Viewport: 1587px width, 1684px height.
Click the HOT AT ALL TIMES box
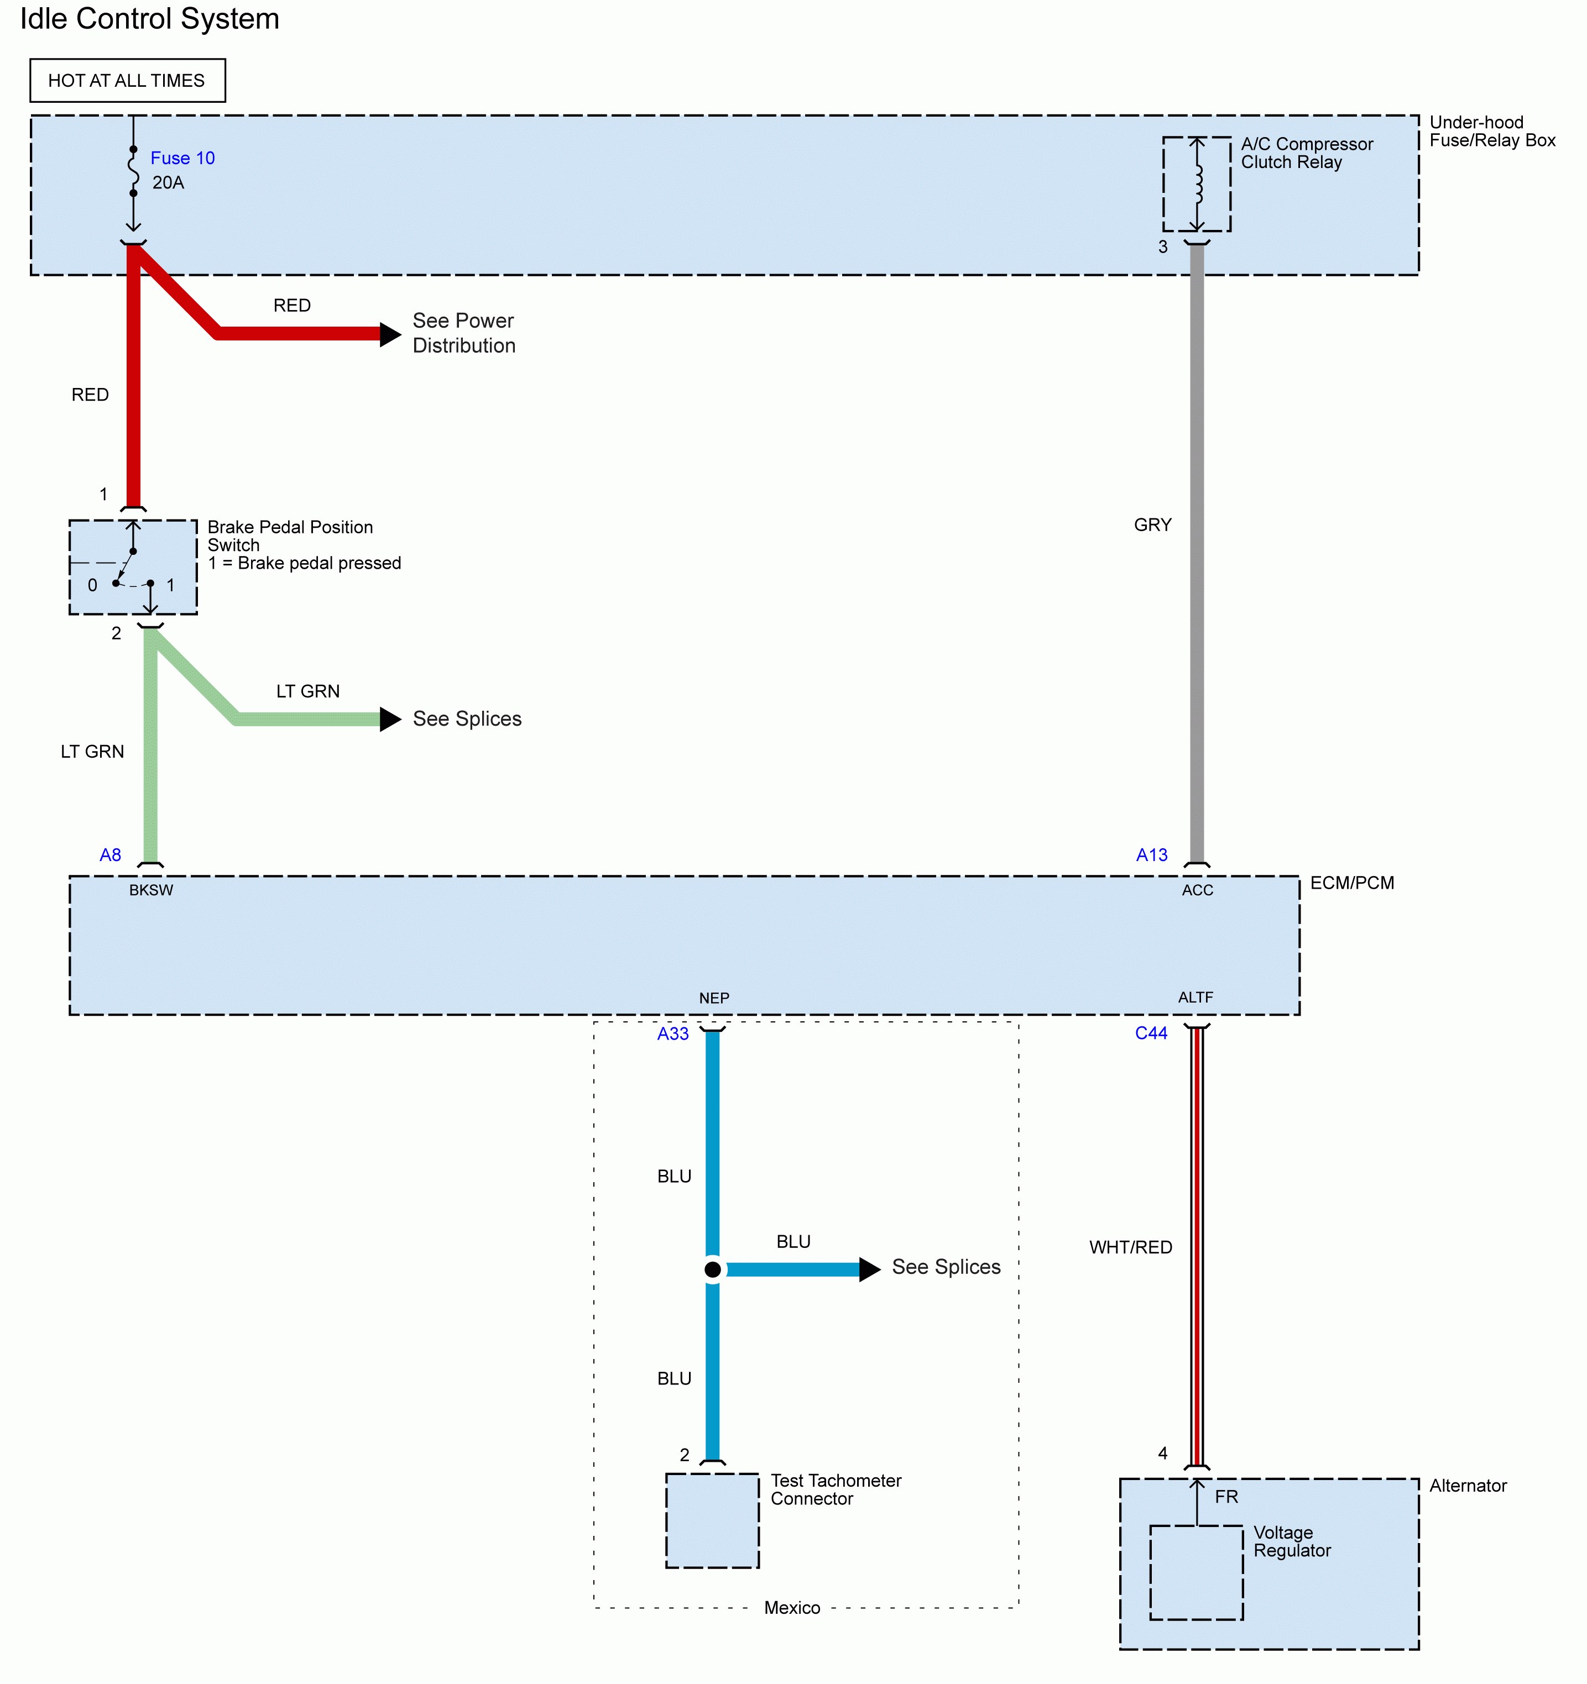pyautogui.click(x=127, y=81)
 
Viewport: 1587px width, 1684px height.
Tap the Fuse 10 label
pyautogui.click(x=182, y=159)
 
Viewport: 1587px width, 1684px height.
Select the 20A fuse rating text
pyautogui.click(x=168, y=183)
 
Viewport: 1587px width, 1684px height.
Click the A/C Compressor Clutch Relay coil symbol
pyautogui.click(x=1197, y=184)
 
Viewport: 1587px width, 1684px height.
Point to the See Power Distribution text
pyautogui.click(x=463, y=333)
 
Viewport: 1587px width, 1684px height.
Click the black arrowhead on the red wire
pyautogui.click(x=390, y=334)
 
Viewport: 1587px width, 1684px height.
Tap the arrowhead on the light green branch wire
pyautogui.click(x=390, y=719)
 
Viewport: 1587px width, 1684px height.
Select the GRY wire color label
pyautogui.click(x=1152, y=525)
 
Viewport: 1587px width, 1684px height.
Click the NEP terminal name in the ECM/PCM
pyautogui.click(x=713, y=999)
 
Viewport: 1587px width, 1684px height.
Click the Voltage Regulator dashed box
pyautogui.click(x=1197, y=1572)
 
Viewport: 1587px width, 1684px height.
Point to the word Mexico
pyautogui.click(x=791, y=1608)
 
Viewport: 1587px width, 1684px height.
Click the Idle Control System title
pyautogui.click(x=150, y=19)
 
